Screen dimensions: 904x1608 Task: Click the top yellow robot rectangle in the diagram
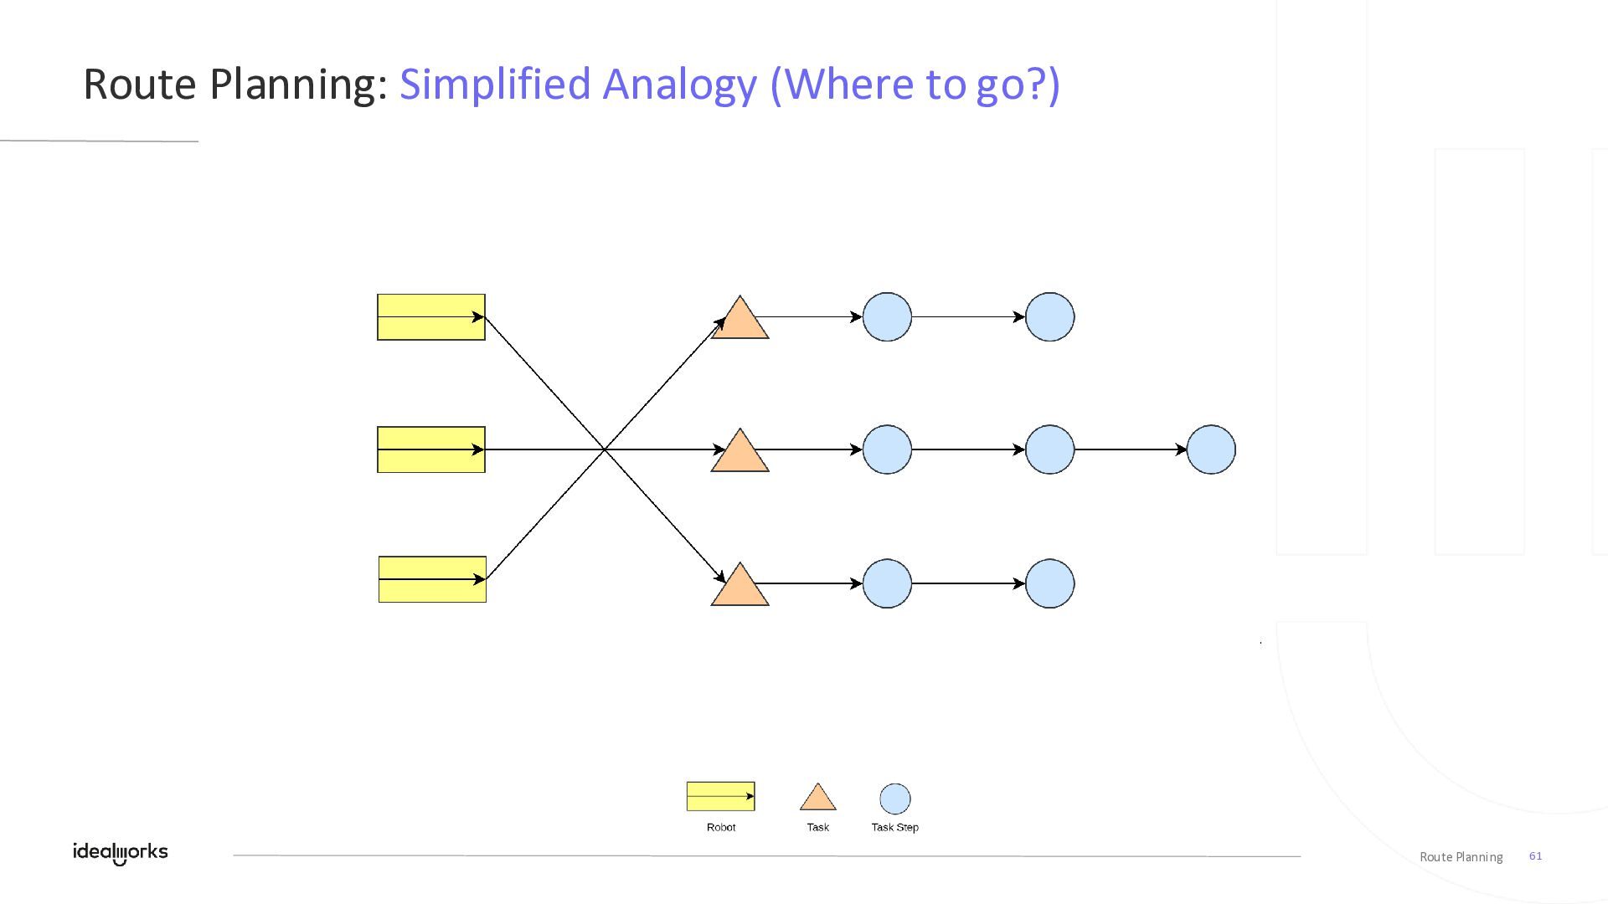(431, 317)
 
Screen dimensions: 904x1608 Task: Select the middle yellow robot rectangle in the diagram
(431, 449)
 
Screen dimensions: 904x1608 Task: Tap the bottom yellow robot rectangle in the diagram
(432, 579)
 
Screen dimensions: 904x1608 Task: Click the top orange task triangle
(740, 321)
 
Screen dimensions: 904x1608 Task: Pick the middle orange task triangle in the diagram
(740, 455)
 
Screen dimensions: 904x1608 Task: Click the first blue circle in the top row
(887, 317)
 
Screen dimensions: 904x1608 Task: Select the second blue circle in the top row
(1049, 317)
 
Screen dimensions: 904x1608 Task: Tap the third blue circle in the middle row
(1211, 449)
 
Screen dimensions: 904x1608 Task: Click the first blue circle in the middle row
(887, 449)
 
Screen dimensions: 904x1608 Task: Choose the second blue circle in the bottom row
(1049, 583)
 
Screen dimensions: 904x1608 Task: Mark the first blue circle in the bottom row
(887, 583)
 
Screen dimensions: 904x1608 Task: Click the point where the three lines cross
(605, 449)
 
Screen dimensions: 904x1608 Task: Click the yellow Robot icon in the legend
(720, 796)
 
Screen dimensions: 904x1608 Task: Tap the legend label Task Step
(894, 827)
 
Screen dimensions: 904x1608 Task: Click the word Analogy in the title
(679, 84)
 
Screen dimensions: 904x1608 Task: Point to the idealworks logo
(121, 852)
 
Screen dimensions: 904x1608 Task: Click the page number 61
(1535, 855)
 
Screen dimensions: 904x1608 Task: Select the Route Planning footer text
(1461, 856)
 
